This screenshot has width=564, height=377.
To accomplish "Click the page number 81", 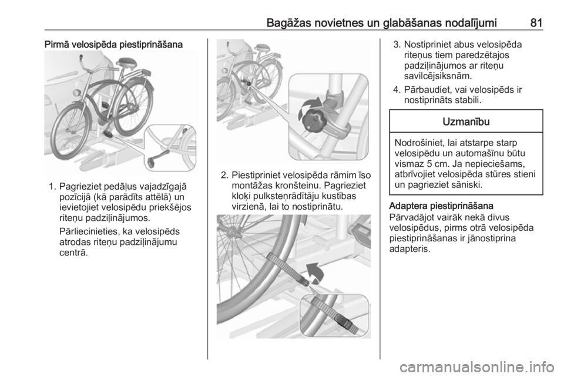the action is (536, 23).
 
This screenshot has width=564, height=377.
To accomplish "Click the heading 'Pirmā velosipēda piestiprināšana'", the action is (113, 45).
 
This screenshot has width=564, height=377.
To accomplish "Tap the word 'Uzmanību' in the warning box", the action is (466, 122).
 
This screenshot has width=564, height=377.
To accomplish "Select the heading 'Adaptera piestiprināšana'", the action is (441, 206).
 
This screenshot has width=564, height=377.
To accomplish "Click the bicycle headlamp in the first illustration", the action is (76, 93).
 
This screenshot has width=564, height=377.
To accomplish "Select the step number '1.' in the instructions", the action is (52, 187).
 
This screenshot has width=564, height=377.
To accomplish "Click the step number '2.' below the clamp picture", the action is (224, 176).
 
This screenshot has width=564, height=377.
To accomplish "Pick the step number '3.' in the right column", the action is (397, 45).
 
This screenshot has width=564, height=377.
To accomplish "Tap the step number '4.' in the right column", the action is (397, 89).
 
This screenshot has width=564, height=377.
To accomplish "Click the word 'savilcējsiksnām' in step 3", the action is (437, 76).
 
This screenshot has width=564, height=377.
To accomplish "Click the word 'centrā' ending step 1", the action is (73, 253).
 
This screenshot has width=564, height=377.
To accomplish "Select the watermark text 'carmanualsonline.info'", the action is (476, 367).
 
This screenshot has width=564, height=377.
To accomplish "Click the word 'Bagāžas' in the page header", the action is (289, 23).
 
